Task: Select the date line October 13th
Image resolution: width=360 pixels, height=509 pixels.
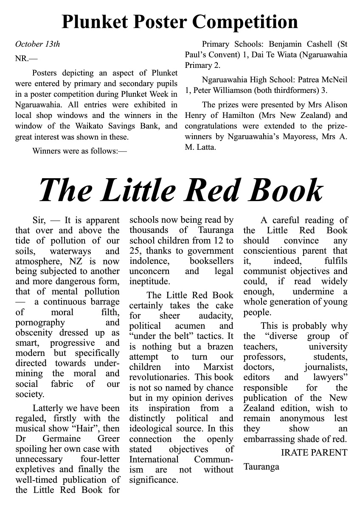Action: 37,44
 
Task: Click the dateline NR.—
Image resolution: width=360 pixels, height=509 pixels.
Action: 26,59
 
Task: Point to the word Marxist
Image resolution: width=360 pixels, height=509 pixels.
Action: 218,367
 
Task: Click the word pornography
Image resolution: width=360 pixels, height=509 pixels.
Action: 34,322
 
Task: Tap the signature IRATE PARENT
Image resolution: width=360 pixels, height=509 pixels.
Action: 314,453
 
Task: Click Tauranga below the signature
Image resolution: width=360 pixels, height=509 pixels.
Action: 261,467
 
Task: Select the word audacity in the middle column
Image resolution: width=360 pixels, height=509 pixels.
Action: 216,316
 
